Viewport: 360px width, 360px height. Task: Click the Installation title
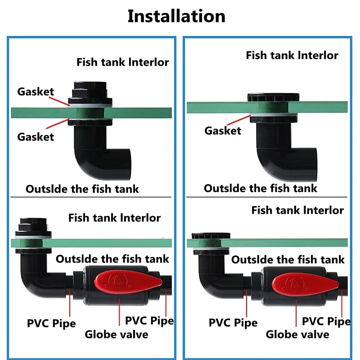tap(176, 16)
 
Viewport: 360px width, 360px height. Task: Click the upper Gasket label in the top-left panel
tap(36, 92)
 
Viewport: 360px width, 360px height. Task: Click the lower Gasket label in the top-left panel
tap(36, 137)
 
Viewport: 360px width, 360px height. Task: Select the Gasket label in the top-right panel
tap(223, 131)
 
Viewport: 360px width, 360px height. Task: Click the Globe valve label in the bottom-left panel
tap(116, 334)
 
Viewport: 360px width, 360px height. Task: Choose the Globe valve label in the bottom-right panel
tap(297, 334)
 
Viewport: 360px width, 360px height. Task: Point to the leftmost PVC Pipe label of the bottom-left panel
tap(51, 323)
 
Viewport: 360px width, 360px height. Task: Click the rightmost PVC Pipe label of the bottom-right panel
tap(326, 321)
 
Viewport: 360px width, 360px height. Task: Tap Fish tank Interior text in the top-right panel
tap(292, 55)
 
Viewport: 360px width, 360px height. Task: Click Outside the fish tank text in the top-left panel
tap(82, 189)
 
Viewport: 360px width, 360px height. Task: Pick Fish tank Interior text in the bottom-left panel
tap(114, 218)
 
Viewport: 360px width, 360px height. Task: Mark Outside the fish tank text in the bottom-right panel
tap(288, 260)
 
